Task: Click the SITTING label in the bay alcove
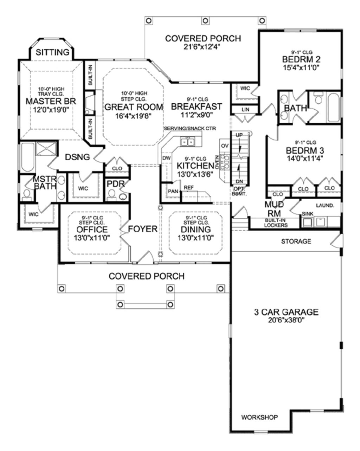(53, 52)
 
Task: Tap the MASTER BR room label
(51, 101)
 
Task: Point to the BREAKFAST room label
(197, 106)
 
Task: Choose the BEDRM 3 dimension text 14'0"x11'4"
(304, 158)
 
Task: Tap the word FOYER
(142, 229)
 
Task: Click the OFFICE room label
(92, 230)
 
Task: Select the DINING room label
(196, 230)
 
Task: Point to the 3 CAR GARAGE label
(286, 312)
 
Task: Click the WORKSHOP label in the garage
(259, 417)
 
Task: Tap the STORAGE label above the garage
(296, 241)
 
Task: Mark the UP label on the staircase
(239, 135)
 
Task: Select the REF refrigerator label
(188, 187)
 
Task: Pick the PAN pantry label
(173, 191)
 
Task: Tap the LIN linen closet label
(245, 110)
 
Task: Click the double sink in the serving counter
(187, 142)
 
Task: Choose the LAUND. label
(325, 205)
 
